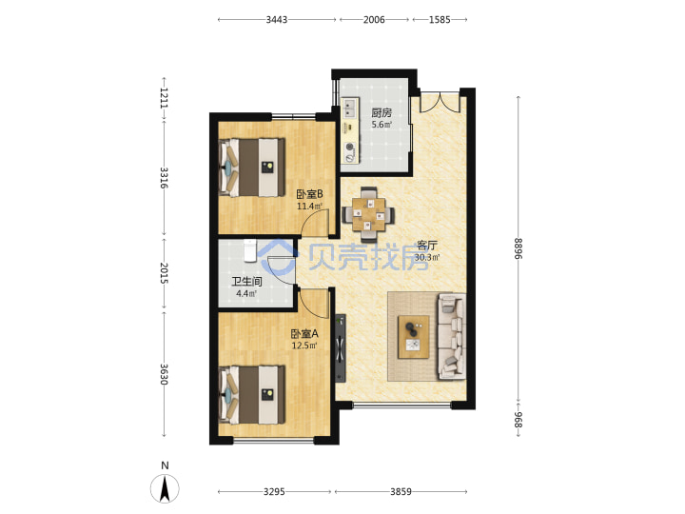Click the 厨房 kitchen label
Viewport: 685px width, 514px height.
[x=382, y=112]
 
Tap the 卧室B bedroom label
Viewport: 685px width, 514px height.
[x=309, y=194]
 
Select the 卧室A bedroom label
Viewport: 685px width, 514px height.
[x=304, y=334]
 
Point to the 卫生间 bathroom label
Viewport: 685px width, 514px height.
[x=246, y=282]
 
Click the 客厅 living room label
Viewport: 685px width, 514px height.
[x=427, y=246]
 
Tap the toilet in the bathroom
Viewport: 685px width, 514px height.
[x=250, y=251]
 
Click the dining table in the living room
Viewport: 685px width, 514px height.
[x=369, y=214]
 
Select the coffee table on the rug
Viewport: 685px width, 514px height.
[x=413, y=337]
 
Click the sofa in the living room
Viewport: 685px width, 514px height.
[x=451, y=336]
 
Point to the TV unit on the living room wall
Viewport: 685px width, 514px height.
[x=341, y=348]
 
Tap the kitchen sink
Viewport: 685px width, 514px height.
[x=349, y=109]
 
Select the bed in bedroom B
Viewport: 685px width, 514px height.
[x=252, y=168]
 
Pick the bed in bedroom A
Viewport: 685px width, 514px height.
[x=252, y=395]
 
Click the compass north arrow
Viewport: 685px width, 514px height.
[x=165, y=488]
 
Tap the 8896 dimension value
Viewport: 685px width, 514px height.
[x=519, y=248]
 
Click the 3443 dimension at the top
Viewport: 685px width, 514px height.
[x=277, y=20]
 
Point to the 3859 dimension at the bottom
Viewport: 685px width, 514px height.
[x=401, y=492]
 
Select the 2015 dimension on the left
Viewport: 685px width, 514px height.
[x=165, y=273]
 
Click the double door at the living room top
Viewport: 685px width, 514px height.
[x=440, y=102]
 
